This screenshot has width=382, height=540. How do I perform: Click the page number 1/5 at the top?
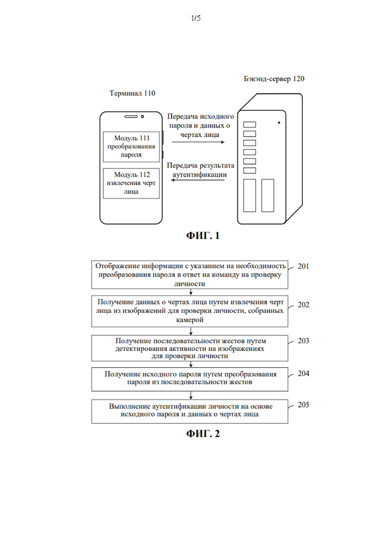[195, 18]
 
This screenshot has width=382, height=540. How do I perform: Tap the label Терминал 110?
[132, 93]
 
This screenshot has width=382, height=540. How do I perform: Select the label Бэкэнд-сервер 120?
[274, 79]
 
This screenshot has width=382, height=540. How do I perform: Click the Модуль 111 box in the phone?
[131, 147]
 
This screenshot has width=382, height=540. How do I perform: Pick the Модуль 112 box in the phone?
[131, 183]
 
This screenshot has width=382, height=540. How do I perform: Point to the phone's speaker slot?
[131, 117]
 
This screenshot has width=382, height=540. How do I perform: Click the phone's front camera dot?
[142, 117]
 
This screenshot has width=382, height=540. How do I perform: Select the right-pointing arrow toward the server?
[198, 142]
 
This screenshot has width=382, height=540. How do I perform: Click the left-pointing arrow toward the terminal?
[198, 180]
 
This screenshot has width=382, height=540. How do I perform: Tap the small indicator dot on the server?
[279, 122]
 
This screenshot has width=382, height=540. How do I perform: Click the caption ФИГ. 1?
[203, 235]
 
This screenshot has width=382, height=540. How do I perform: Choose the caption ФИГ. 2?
[203, 434]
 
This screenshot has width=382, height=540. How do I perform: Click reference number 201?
[303, 266]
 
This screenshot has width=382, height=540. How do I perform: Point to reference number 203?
[303, 341]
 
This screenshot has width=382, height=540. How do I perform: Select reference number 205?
[303, 405]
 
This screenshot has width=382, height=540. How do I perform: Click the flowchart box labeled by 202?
[190, 311]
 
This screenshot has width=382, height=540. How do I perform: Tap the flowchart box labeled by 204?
[190, 379]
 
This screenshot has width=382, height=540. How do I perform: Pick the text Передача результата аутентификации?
[200, 170]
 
